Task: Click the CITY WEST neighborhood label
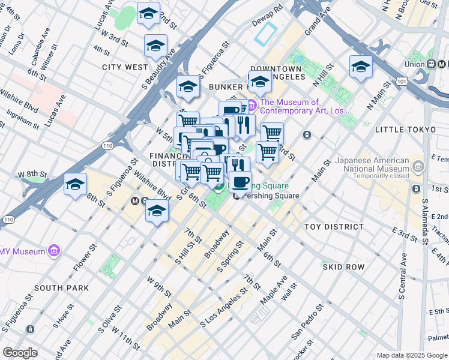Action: pyautogui.click(x=125, y=67)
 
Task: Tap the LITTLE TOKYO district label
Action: pyautogui.click(x=405, y=130)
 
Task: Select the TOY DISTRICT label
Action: pyautogui.click(x=334, y=227)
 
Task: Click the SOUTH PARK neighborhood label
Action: pyautogui.click(x=61, y=288)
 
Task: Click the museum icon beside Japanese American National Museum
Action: pyautogui.click(x=418, y=164)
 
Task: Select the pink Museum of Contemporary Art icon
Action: pyautogui.click(x=252, y=106)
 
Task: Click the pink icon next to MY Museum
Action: pyautogui.click(x=55, y=249)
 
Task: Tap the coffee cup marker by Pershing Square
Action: pyautogui.click(x=240, y=182)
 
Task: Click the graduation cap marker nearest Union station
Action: pyautogui.click(x=361, y=67)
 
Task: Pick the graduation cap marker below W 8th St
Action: pyautogui.click(x=76, y=185)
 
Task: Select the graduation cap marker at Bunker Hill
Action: pyautogui.click(x=260, y=82)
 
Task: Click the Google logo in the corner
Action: pyautogui.click(x=19, y=353)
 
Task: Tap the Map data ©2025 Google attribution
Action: pyautogui.click(x=411, y=355)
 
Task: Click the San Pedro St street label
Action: pyautogui.click(x=307, y=320)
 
